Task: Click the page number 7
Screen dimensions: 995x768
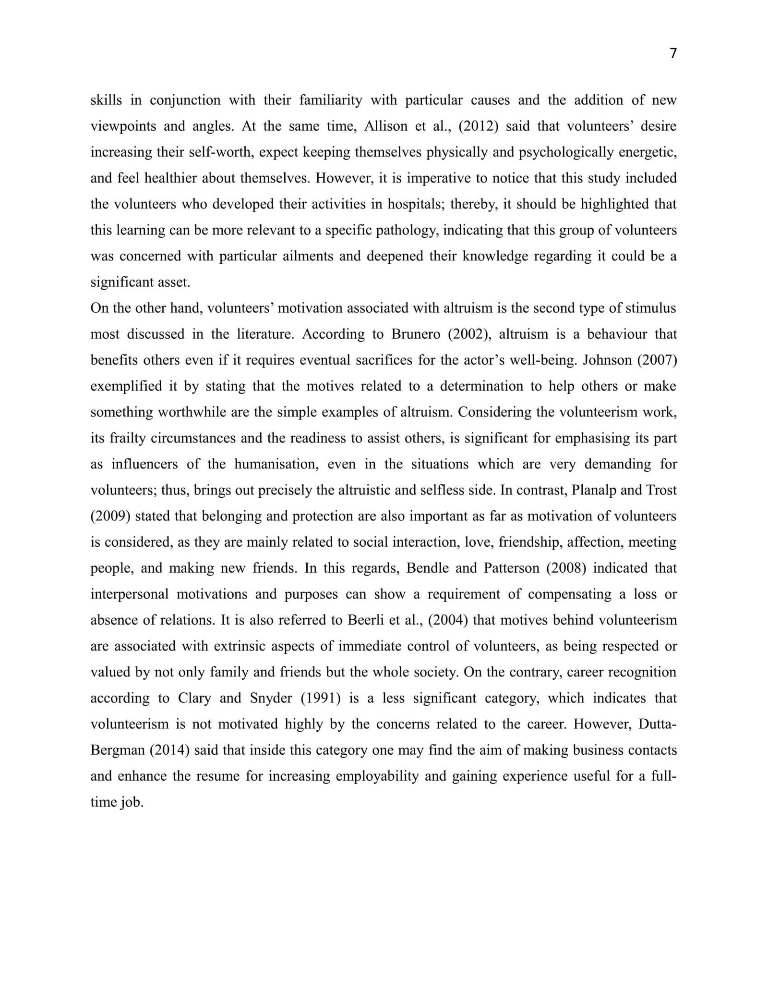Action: (673, 53)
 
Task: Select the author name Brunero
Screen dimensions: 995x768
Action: (416, 334)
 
